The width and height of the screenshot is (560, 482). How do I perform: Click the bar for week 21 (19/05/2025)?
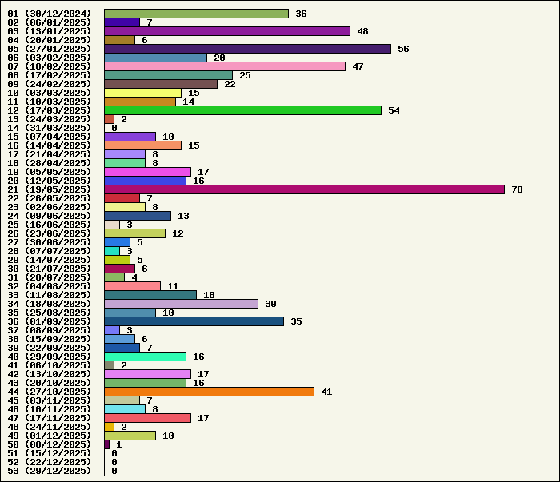(x=304, y=189)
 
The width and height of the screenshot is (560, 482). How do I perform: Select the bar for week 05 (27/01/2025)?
(x=247, y=49)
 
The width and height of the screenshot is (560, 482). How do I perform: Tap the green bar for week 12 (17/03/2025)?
(x=242, y=110)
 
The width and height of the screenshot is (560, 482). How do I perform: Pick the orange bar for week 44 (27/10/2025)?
(x=209, y=392)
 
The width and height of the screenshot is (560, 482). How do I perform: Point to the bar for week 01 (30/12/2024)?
(x=196, y=14)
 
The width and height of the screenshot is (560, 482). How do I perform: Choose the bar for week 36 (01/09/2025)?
(x=194, y=321)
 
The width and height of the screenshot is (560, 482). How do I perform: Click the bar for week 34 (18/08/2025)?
(x=181, y=304)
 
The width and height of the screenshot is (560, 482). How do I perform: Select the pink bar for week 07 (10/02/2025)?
(x=225, y=66)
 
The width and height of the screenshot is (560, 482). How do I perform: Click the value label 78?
(x=517, y=189)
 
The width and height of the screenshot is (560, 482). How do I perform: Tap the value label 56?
(x=403, y=49)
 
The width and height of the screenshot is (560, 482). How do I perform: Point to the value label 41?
(x=326, y=392)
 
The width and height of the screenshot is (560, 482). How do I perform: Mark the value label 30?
(x=270, y=304)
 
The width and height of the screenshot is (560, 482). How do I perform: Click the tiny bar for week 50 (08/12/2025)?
(x=107, y=444)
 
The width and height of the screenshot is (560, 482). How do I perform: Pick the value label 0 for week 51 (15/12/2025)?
(x=114, y=453)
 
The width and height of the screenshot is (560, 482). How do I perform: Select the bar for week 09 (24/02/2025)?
(x=161, y=84)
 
